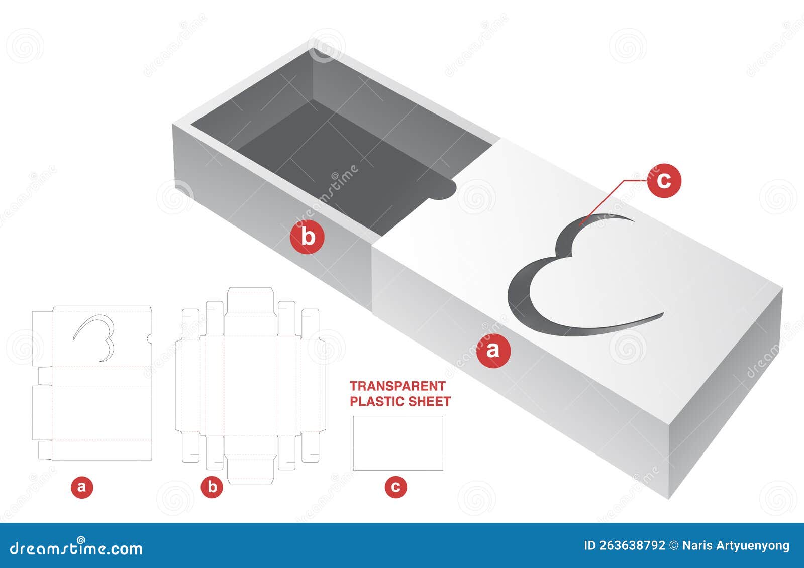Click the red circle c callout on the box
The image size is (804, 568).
click(664, 180)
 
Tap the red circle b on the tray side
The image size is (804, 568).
click(307, 236)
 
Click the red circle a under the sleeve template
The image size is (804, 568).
click(82, 487)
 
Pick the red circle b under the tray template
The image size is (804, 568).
click(212, 487)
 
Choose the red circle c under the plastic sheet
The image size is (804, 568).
click(396, 487)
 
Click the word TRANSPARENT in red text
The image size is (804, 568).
click(397, 386)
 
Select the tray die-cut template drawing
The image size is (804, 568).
click(250, 384)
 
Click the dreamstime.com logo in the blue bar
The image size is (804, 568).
click(76, 547)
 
